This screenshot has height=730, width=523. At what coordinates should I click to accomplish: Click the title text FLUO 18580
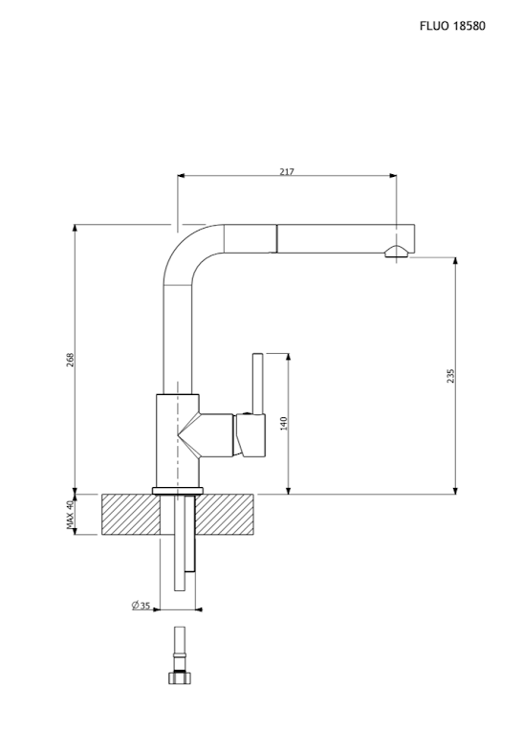452,26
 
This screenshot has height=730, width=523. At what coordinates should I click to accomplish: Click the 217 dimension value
287,172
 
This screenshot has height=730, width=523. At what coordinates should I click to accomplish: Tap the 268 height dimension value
70,360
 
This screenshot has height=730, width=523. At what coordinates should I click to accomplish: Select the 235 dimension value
450,376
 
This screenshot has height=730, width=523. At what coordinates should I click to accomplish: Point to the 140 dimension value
284,423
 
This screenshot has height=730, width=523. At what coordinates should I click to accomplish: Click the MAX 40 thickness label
70,515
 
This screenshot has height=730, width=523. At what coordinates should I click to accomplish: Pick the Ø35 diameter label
141,606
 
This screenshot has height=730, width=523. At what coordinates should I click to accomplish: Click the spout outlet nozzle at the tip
397,251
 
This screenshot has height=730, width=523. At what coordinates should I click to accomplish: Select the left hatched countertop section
131,515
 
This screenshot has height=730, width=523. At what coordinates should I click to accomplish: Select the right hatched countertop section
225,515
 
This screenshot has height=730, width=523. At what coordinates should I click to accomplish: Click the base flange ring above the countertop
178,490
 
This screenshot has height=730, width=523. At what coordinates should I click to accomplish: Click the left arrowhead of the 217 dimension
182,176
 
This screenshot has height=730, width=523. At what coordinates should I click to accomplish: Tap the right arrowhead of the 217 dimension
393,176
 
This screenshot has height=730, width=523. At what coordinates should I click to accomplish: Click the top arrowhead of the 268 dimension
75,229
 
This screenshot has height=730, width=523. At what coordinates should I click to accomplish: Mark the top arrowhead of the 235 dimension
455,260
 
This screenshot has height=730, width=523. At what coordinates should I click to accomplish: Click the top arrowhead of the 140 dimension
289,358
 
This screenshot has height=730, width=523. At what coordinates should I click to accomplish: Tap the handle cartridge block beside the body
251,434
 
